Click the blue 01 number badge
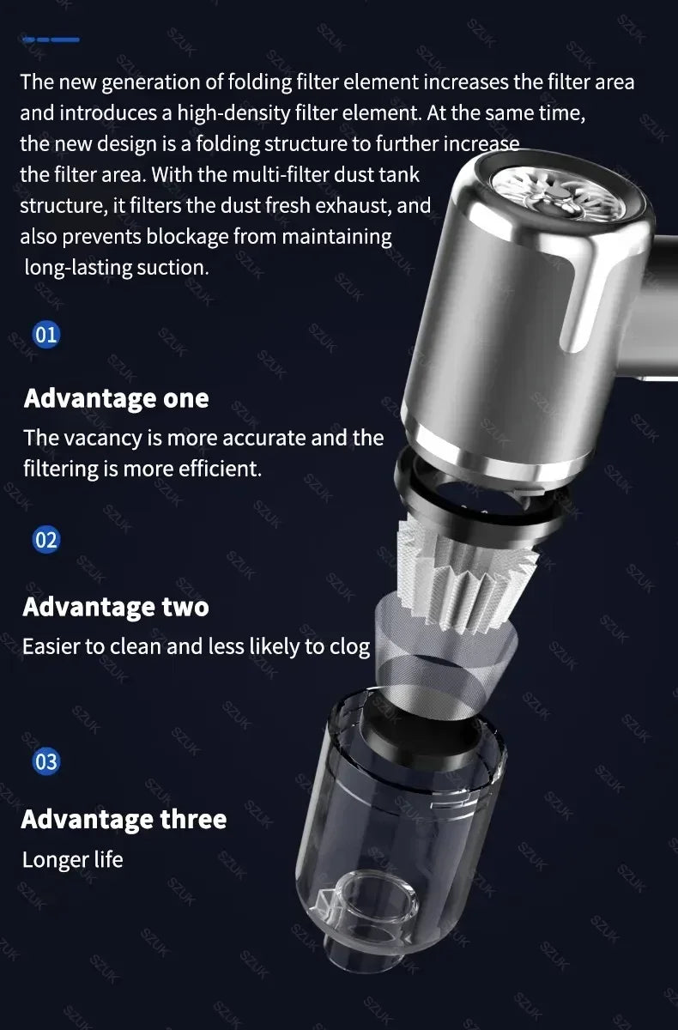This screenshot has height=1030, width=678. (x=46, y=334)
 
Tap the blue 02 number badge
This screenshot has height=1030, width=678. (x=46, y=540)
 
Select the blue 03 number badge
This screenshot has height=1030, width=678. (x=46, y=761)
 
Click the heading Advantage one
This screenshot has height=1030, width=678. (x=116, y=398)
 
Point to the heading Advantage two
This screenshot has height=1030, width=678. (x=116, y=607)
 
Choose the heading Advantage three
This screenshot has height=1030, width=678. (x=124, y=819)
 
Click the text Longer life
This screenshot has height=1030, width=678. (x=73, y=859)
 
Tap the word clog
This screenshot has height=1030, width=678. (x=349, y=646)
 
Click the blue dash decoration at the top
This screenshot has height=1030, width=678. (x=51, y=39)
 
